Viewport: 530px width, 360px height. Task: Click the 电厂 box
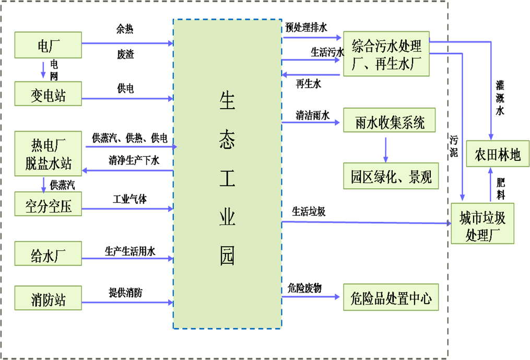(48, 45)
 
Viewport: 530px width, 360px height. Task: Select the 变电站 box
(48, 95)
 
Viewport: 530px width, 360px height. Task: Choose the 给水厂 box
(48, 255)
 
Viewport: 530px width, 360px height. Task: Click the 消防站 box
(48, 299)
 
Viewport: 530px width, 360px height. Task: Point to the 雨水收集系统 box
(390, 123)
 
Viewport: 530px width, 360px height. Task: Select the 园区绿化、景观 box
(391, 176)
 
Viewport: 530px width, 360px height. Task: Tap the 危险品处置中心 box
(391, 298)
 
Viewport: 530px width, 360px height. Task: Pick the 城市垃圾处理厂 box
(482, 225)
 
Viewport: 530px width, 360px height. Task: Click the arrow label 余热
(125, 29)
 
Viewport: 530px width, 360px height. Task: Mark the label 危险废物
(304, 288)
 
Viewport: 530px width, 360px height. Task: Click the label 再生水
(308, 84)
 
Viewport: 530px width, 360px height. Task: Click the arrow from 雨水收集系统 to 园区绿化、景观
(385, 149)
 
